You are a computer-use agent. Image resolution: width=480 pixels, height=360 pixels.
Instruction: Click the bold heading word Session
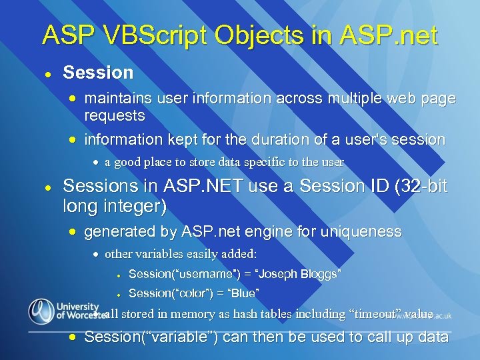(x=98, y=72)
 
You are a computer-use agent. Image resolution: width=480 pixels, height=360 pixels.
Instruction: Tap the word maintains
(x=116, y=99)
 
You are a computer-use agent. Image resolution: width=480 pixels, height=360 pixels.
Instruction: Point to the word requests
(x=115, y=116)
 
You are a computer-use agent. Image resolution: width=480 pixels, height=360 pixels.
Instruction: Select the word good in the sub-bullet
(x=127, y=162)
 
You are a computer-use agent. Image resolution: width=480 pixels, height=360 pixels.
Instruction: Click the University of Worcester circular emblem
(x=41, y=311)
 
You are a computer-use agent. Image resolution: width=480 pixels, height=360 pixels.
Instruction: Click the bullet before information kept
(x=74, y=140)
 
